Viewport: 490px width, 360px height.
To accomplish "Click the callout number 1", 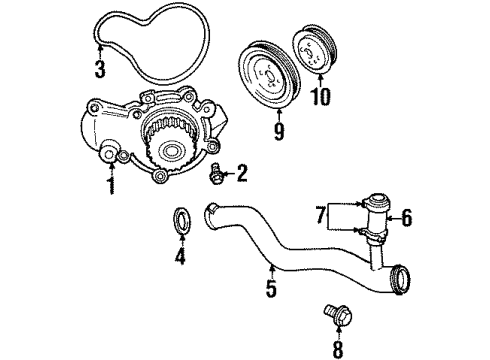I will tap(110, 187).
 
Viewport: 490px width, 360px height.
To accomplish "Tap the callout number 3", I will tap(99, 69).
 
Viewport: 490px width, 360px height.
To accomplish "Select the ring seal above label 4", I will tap(182, 218).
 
